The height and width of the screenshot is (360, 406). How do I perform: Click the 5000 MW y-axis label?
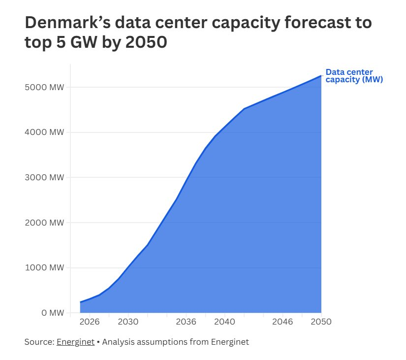click(x=44, y=87)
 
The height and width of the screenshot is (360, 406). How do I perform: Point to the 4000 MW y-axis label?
click(x=44, y=132)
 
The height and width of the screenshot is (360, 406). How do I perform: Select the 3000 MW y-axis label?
click(x=44, y=177)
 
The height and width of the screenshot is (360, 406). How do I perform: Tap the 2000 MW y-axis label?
click(x=44, y=223)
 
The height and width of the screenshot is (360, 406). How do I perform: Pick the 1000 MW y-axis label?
click(x=44, y=267)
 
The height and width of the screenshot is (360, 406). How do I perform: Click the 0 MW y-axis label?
click(x=53, y=313)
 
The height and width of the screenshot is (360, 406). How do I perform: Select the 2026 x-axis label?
click(x=90, y=322)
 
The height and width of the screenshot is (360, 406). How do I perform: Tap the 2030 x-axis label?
click(x=128, y=322)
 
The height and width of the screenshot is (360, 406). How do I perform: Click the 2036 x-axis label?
click(x=186, y=322)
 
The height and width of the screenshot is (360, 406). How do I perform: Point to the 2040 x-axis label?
click(x=225, y=322)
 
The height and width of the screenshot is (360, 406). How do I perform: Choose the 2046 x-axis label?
click(x=282, y=322)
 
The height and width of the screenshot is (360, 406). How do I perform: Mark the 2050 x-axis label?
click(x=321, y=322)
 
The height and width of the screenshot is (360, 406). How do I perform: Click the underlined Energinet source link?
click(x=76, y=342)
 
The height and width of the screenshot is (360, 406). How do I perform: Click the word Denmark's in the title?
click(x=68, y=23)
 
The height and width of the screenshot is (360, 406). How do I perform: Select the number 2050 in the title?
click(x=146, y=42)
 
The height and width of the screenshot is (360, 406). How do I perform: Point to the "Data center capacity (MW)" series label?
click(x=354, y=76)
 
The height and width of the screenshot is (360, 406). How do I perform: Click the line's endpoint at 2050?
click(x=321, y=75)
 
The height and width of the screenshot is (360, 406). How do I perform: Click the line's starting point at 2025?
click(x=80, y=302)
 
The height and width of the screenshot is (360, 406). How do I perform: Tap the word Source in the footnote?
click(x=39, y=342)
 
